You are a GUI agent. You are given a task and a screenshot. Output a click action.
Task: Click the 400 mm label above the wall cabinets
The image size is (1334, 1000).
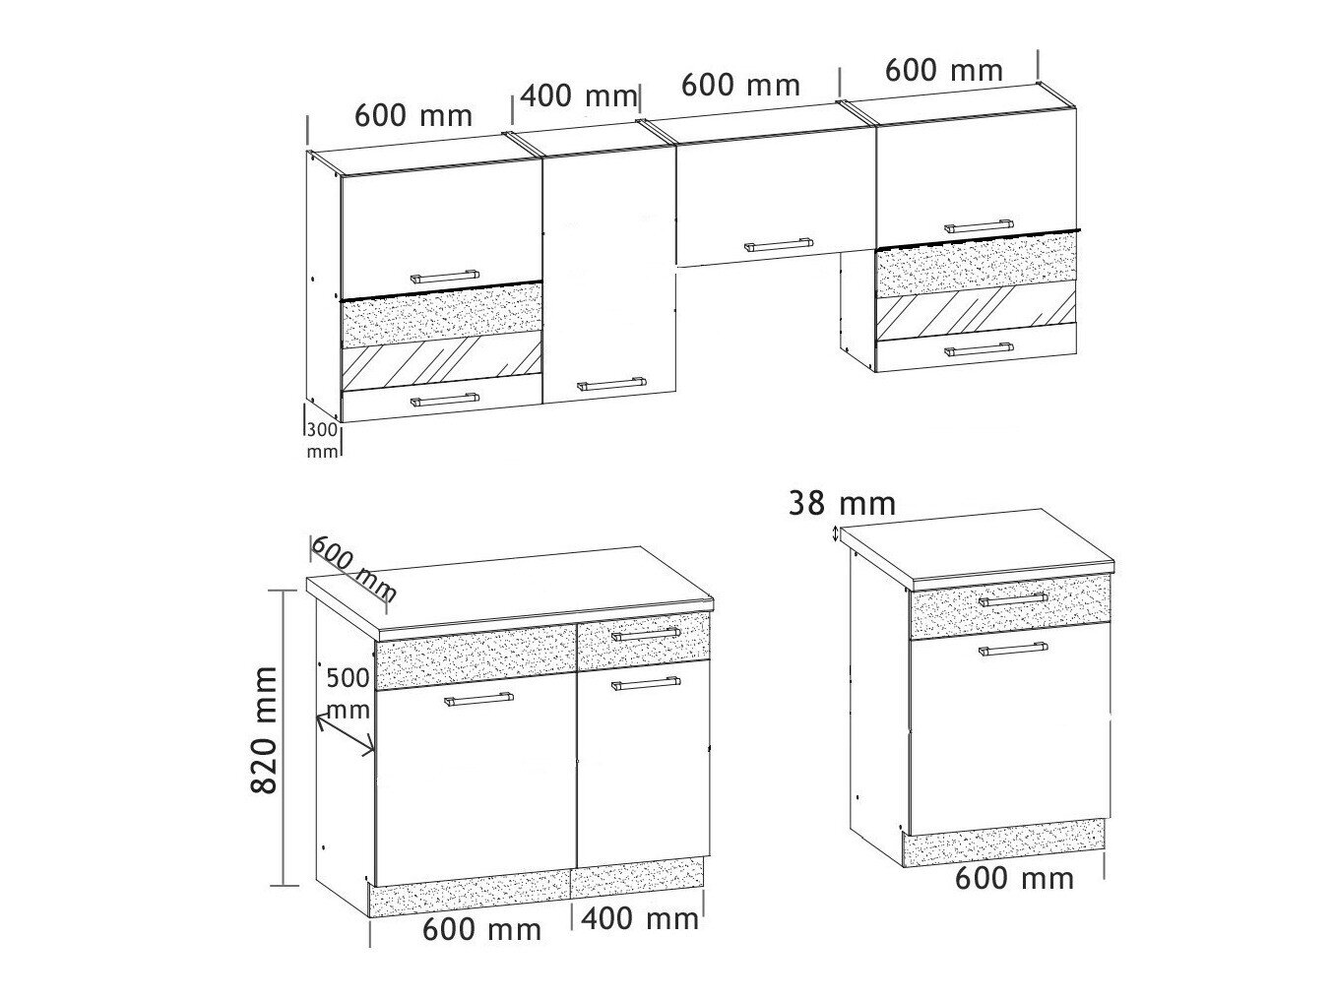coord(579,96)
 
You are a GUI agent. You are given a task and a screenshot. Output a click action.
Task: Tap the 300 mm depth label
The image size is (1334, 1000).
coord(322,441)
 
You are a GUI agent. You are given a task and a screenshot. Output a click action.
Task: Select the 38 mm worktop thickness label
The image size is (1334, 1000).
coord(842,504)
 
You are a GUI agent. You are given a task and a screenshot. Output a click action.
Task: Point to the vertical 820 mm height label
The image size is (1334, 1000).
coord(265,730)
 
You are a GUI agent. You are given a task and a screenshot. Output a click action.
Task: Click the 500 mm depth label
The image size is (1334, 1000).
coord(349,694)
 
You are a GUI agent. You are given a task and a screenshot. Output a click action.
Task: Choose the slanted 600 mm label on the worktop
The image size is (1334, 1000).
coord(353,569)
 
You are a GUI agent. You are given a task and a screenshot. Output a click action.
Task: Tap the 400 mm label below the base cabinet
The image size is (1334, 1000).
coord(640,918)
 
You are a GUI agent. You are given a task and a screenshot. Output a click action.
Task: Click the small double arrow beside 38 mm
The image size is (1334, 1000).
coord(836,534)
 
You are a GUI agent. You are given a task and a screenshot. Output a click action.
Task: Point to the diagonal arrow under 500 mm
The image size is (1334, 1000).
coord(346,735)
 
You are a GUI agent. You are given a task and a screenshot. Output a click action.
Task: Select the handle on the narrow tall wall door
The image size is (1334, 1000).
coord(610,384)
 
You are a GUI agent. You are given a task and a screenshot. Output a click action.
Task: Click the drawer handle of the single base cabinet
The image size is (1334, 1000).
coord(1013,599)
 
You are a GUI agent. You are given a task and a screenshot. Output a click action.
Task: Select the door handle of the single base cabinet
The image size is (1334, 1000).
coord(1013,650)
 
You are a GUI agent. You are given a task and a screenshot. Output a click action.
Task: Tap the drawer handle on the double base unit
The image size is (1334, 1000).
coord(646,634)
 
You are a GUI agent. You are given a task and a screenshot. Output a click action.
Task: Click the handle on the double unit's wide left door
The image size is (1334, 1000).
coord(478,699)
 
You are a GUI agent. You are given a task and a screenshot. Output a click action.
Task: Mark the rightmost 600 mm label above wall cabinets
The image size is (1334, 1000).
coord(943,71)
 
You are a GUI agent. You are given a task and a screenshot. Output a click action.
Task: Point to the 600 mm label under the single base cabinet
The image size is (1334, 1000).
coord(1014,879)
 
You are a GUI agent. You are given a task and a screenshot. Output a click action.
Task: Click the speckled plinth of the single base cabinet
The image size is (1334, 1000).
coord(1004,844)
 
